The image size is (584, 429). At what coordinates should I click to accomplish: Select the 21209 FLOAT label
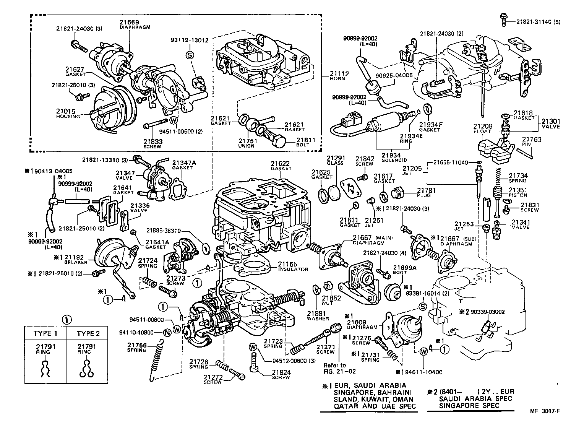tap(483, 128)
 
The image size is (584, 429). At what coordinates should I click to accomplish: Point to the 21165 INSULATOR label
tap(293, 266)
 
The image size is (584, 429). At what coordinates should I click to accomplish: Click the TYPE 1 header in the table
tap(45, 333)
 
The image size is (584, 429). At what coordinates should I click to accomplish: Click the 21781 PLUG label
tap(424, 192)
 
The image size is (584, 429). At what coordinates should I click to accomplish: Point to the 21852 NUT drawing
tap(328, 286)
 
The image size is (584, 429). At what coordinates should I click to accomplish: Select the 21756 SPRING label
tap(137, 347)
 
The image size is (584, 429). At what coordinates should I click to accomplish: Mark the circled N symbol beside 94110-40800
tap(167, 333)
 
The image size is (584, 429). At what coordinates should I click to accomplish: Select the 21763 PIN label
tap(532, 142)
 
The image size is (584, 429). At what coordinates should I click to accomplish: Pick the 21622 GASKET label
tap(281, 165)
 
